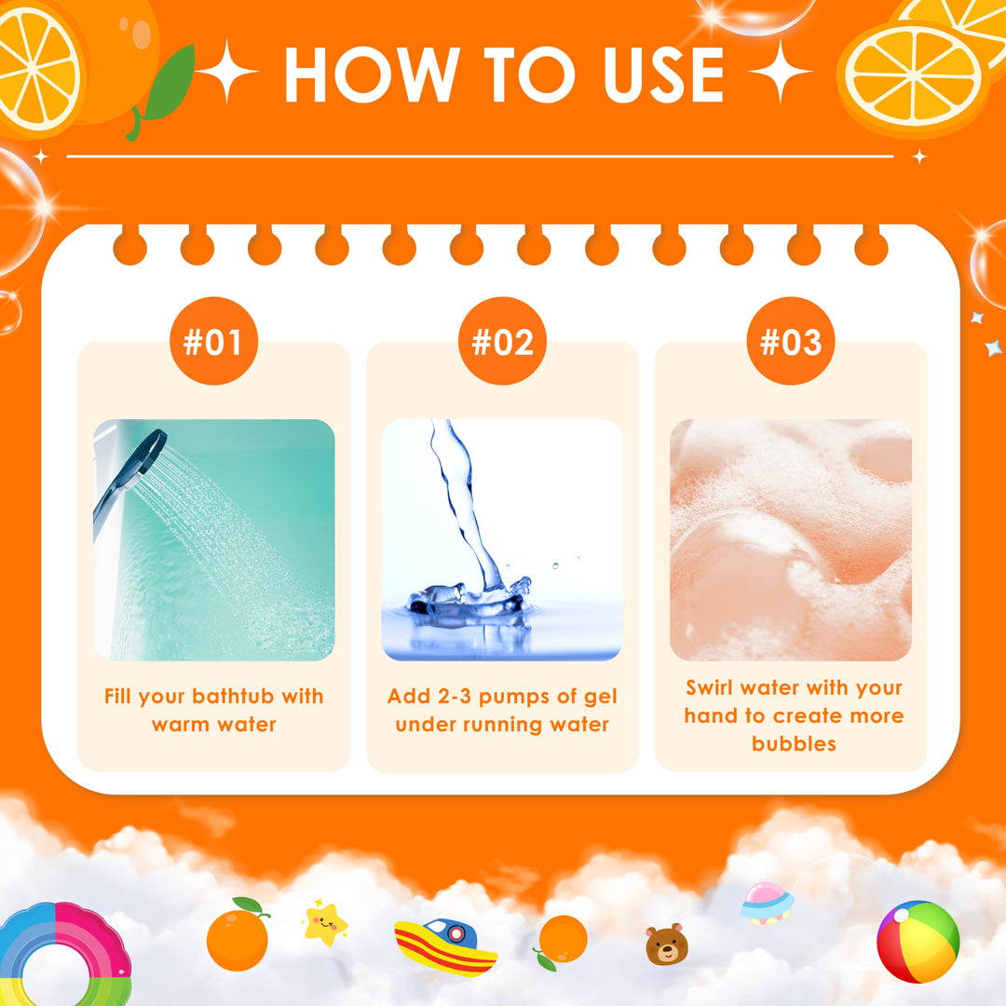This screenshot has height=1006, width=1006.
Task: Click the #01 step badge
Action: click(213, 341)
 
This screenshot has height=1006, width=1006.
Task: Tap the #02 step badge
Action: click(502, 341)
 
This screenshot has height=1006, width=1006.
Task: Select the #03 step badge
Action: click(791, 341)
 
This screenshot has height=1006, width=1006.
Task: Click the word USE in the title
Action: click(663, 75)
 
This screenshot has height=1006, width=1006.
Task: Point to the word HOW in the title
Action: click(372, 75)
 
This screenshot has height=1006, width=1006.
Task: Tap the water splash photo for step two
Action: click(502, 539)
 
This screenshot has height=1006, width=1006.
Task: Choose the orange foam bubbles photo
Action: click(791, 539)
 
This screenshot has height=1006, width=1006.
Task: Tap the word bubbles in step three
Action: click(794, 743)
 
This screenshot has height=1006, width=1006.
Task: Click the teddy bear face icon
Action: click(667, 945)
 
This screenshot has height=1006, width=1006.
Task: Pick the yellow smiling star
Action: click(325, 923)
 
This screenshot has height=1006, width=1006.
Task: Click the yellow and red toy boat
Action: click(445, 947)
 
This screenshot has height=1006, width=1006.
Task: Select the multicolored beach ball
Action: click(918, 941)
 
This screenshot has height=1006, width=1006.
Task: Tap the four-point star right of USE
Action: click(780, 71)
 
